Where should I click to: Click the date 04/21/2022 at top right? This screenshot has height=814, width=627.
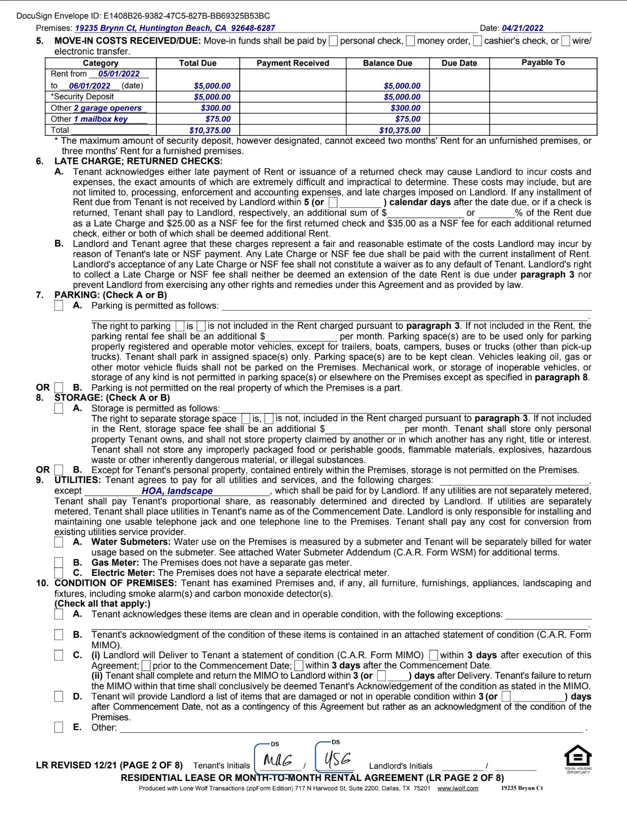[522, 28]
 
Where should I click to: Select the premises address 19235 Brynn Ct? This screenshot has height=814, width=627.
[175, 28]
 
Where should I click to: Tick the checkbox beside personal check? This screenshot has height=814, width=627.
[333, 41]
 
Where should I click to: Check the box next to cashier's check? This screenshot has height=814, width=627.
[477, 41]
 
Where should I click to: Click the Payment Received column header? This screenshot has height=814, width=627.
[293, 63]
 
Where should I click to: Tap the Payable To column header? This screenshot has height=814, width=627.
[543, 62]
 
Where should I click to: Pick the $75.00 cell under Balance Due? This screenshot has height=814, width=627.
[408, 119]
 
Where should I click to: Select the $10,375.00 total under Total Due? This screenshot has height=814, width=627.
[210, 131]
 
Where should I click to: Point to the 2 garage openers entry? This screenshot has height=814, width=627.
[108, 108]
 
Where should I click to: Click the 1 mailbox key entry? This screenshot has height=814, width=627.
[101, 119]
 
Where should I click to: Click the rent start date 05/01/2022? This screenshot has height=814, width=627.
[119, 74]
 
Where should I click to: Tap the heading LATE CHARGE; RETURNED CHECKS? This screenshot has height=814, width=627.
[139, 162]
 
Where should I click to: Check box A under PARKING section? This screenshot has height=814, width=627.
[59, 306]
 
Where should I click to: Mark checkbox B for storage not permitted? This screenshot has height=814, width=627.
[59, 470]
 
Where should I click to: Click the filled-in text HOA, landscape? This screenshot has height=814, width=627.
[177, 491]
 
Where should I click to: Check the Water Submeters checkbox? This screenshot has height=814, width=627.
[59, 542]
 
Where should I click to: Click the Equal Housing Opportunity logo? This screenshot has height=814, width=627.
[578, 758]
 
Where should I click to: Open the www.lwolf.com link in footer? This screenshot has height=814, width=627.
[458, 788]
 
